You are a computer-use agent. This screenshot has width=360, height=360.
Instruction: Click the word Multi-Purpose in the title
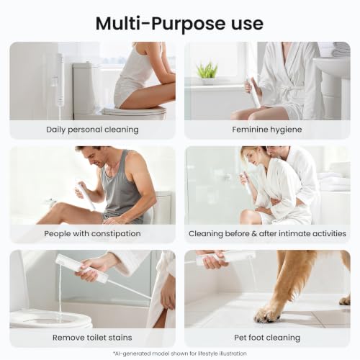click(x=161, y=24)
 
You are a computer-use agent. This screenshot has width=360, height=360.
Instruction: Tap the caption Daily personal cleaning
click(x=92, y=130)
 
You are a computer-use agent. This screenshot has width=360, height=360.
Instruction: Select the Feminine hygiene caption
click(x=267, y=130)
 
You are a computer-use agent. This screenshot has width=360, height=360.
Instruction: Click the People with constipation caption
click(x=92, y=233)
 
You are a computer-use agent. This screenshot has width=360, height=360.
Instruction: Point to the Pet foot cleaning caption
click(x=267, y=338)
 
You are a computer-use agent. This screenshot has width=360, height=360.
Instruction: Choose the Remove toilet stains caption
click(x=92, y=338)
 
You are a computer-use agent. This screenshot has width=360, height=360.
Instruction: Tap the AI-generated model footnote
click(x=180, y=354)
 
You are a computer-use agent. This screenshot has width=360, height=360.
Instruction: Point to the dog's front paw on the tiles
click(x=268, y=315)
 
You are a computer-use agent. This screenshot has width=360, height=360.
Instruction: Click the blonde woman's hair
click(x=250, y=156)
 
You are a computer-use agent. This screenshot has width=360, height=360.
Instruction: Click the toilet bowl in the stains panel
click(x=50, y=318)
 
